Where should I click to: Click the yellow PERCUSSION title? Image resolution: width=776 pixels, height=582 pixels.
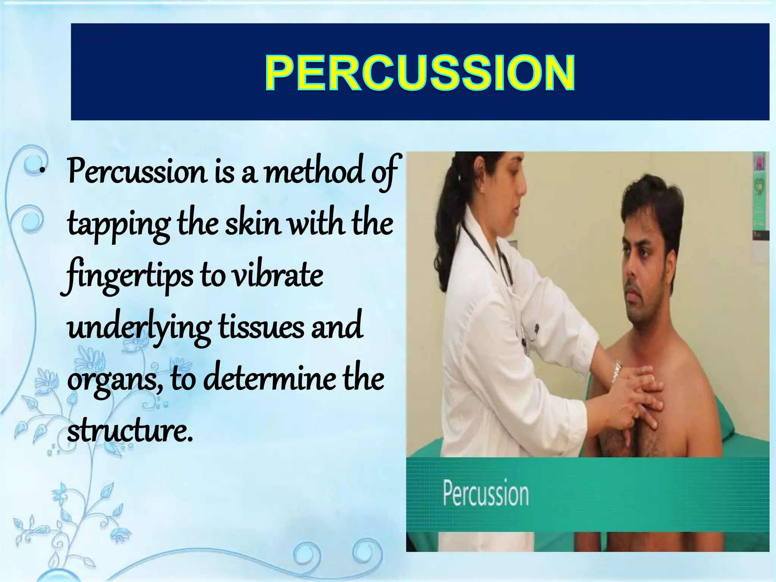point(420,72)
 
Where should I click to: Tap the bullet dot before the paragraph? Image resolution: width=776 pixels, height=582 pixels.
point(43,172)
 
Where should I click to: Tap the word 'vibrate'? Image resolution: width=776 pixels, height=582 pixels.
point(277,276)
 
